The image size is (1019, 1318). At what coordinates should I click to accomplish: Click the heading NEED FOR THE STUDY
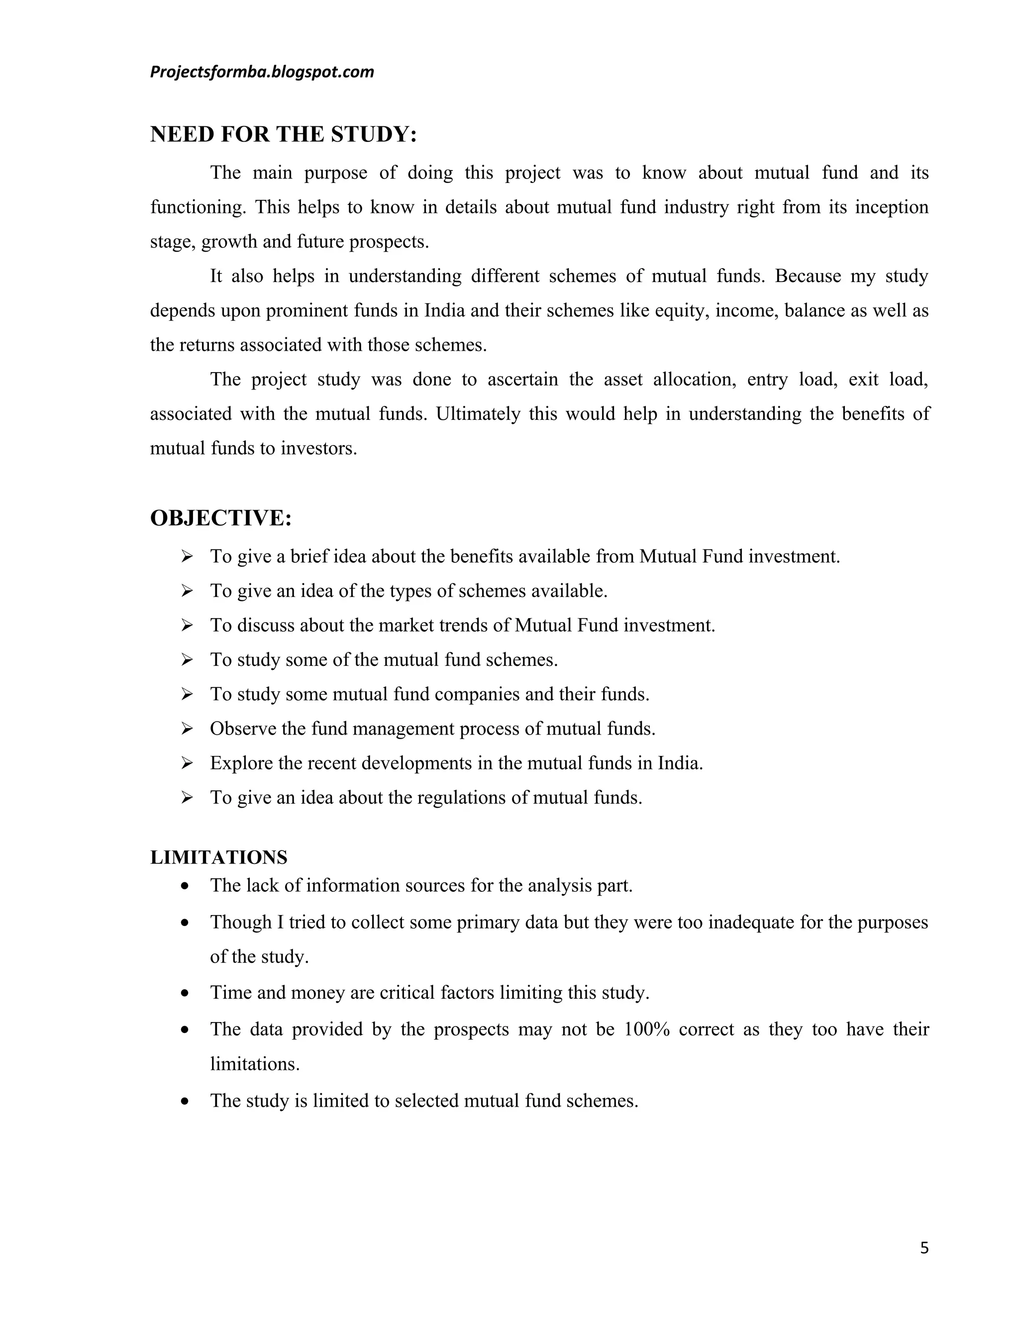283,134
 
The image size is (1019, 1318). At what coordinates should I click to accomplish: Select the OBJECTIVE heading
220,518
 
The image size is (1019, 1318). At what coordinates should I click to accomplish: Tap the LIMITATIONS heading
218,857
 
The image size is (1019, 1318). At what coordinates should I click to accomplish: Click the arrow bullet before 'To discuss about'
187,625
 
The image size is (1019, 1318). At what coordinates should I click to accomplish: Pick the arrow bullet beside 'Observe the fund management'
187,729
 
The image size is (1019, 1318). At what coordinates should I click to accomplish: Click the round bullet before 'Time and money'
185,993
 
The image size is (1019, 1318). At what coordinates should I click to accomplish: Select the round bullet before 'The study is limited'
185,1101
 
